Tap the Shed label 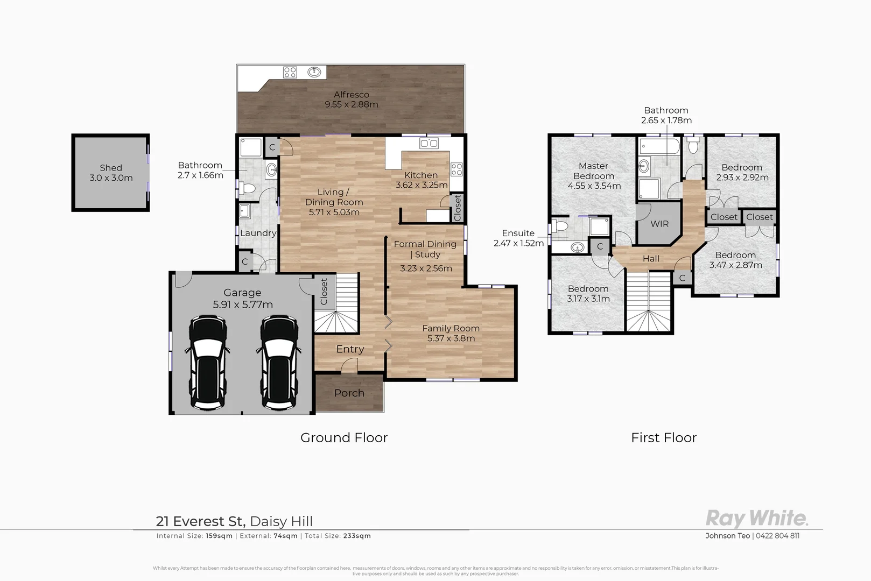pyautogui.click(x=111, y=168)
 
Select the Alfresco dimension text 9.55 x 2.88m pyautogui.click(x=351, y=104)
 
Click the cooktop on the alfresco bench pyautogui.click(x=290, y=72)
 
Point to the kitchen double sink pyautogui.click(x=429, y=143)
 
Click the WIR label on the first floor pyautogui.click(x=659, y=224)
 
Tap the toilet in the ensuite pyautogui.click(x=559, y=225)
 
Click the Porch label pyautogui.click(x=349, y=393)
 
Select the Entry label pyautogui.click(x=350, y=349)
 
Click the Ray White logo pyautogui.click(x=756, y=519)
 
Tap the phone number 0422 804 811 pyautogui.click(x=778, y=536)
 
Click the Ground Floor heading pyautogui.click(x=344, y=438)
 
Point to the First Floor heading pyautogui.click(x=663, y=438)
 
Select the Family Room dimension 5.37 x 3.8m pyautogui.click(x=451, y=338)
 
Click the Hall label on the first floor pyautogui.click(x=651, y=259)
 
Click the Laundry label pyautogui.click(x=258, y=233)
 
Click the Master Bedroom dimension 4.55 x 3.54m pyautogui.click(x=594, y=186)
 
